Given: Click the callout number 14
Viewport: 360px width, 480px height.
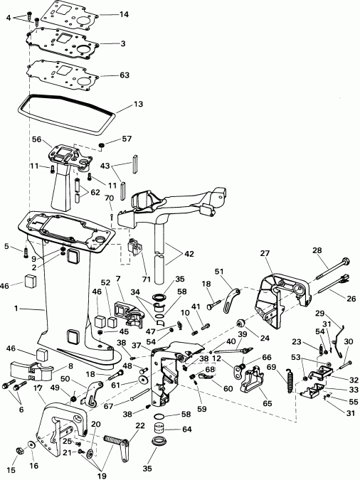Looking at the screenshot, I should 125,14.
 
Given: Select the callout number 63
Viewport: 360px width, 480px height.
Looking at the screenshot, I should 125,74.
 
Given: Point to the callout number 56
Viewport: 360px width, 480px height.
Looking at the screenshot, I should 37,140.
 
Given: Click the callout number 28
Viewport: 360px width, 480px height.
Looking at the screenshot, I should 317,250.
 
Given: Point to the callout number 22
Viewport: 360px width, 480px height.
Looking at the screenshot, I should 139,425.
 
